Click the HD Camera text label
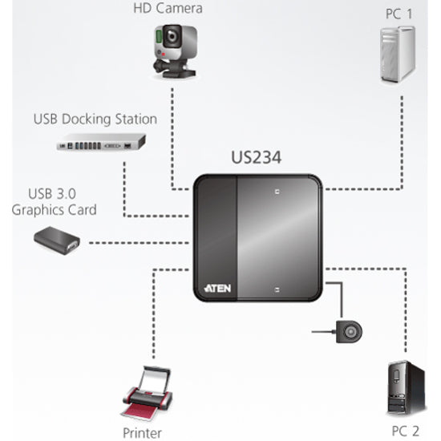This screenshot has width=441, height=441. tap(168, 9)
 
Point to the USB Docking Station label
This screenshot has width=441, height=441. tap(95, 119)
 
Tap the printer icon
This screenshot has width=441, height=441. tap(147, 393)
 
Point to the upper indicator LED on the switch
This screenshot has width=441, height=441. tap(276, 192)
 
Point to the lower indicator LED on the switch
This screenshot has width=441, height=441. tap(276, 287)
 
